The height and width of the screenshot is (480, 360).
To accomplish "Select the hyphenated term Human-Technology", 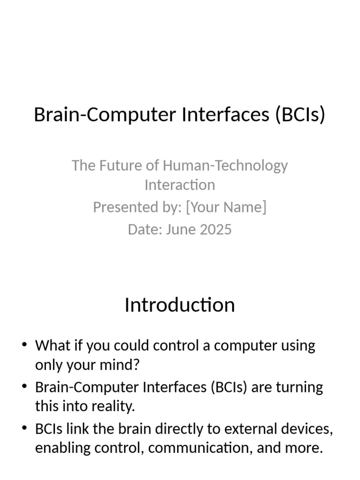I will (225, 165).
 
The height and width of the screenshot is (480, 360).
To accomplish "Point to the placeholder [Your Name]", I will (226, 207).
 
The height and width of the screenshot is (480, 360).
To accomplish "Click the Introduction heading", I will (180, 305).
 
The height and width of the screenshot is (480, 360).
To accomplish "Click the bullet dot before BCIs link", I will (24, 429).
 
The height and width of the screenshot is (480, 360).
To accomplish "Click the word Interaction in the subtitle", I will (180, 185).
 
